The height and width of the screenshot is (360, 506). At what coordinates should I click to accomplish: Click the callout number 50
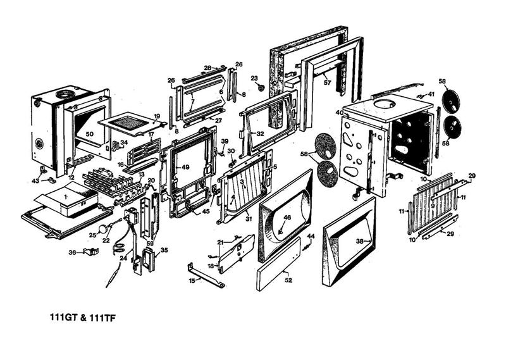click(x=89, y=134)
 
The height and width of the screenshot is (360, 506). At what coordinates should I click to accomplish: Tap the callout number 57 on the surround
click(x=327, y=82)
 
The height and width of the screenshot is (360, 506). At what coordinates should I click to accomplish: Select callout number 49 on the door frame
click(x=186, y=167)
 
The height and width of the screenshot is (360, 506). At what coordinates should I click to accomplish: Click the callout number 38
click(x=360, y=242)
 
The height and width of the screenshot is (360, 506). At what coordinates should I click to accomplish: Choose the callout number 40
click(x=339, y=113)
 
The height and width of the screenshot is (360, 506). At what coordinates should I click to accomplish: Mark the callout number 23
click(x=254, y=78)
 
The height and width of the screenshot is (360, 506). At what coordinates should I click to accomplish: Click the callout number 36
click(x=72, y=253)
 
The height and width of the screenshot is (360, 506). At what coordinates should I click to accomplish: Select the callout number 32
click(x=260, y=134)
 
